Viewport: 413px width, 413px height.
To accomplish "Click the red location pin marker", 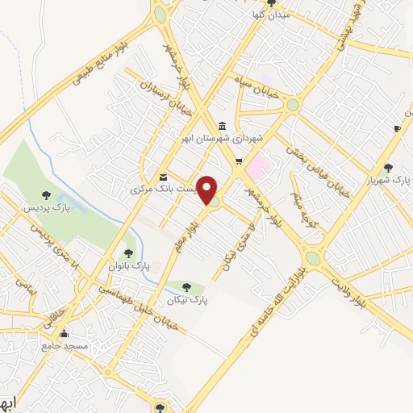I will click(208, 189).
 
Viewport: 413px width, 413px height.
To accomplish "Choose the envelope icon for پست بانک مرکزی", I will click(164, 177).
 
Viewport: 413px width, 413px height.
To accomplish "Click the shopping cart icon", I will click(240, 162).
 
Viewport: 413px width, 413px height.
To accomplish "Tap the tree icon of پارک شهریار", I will click(389, 168).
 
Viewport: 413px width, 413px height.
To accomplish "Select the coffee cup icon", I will click(397, 128).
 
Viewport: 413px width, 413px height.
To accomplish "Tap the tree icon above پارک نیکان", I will click(187, 286).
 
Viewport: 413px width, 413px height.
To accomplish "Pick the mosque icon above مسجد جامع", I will click(64, 332).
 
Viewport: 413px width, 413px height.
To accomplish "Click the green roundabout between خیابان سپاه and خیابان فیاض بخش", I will click(292, 105).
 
